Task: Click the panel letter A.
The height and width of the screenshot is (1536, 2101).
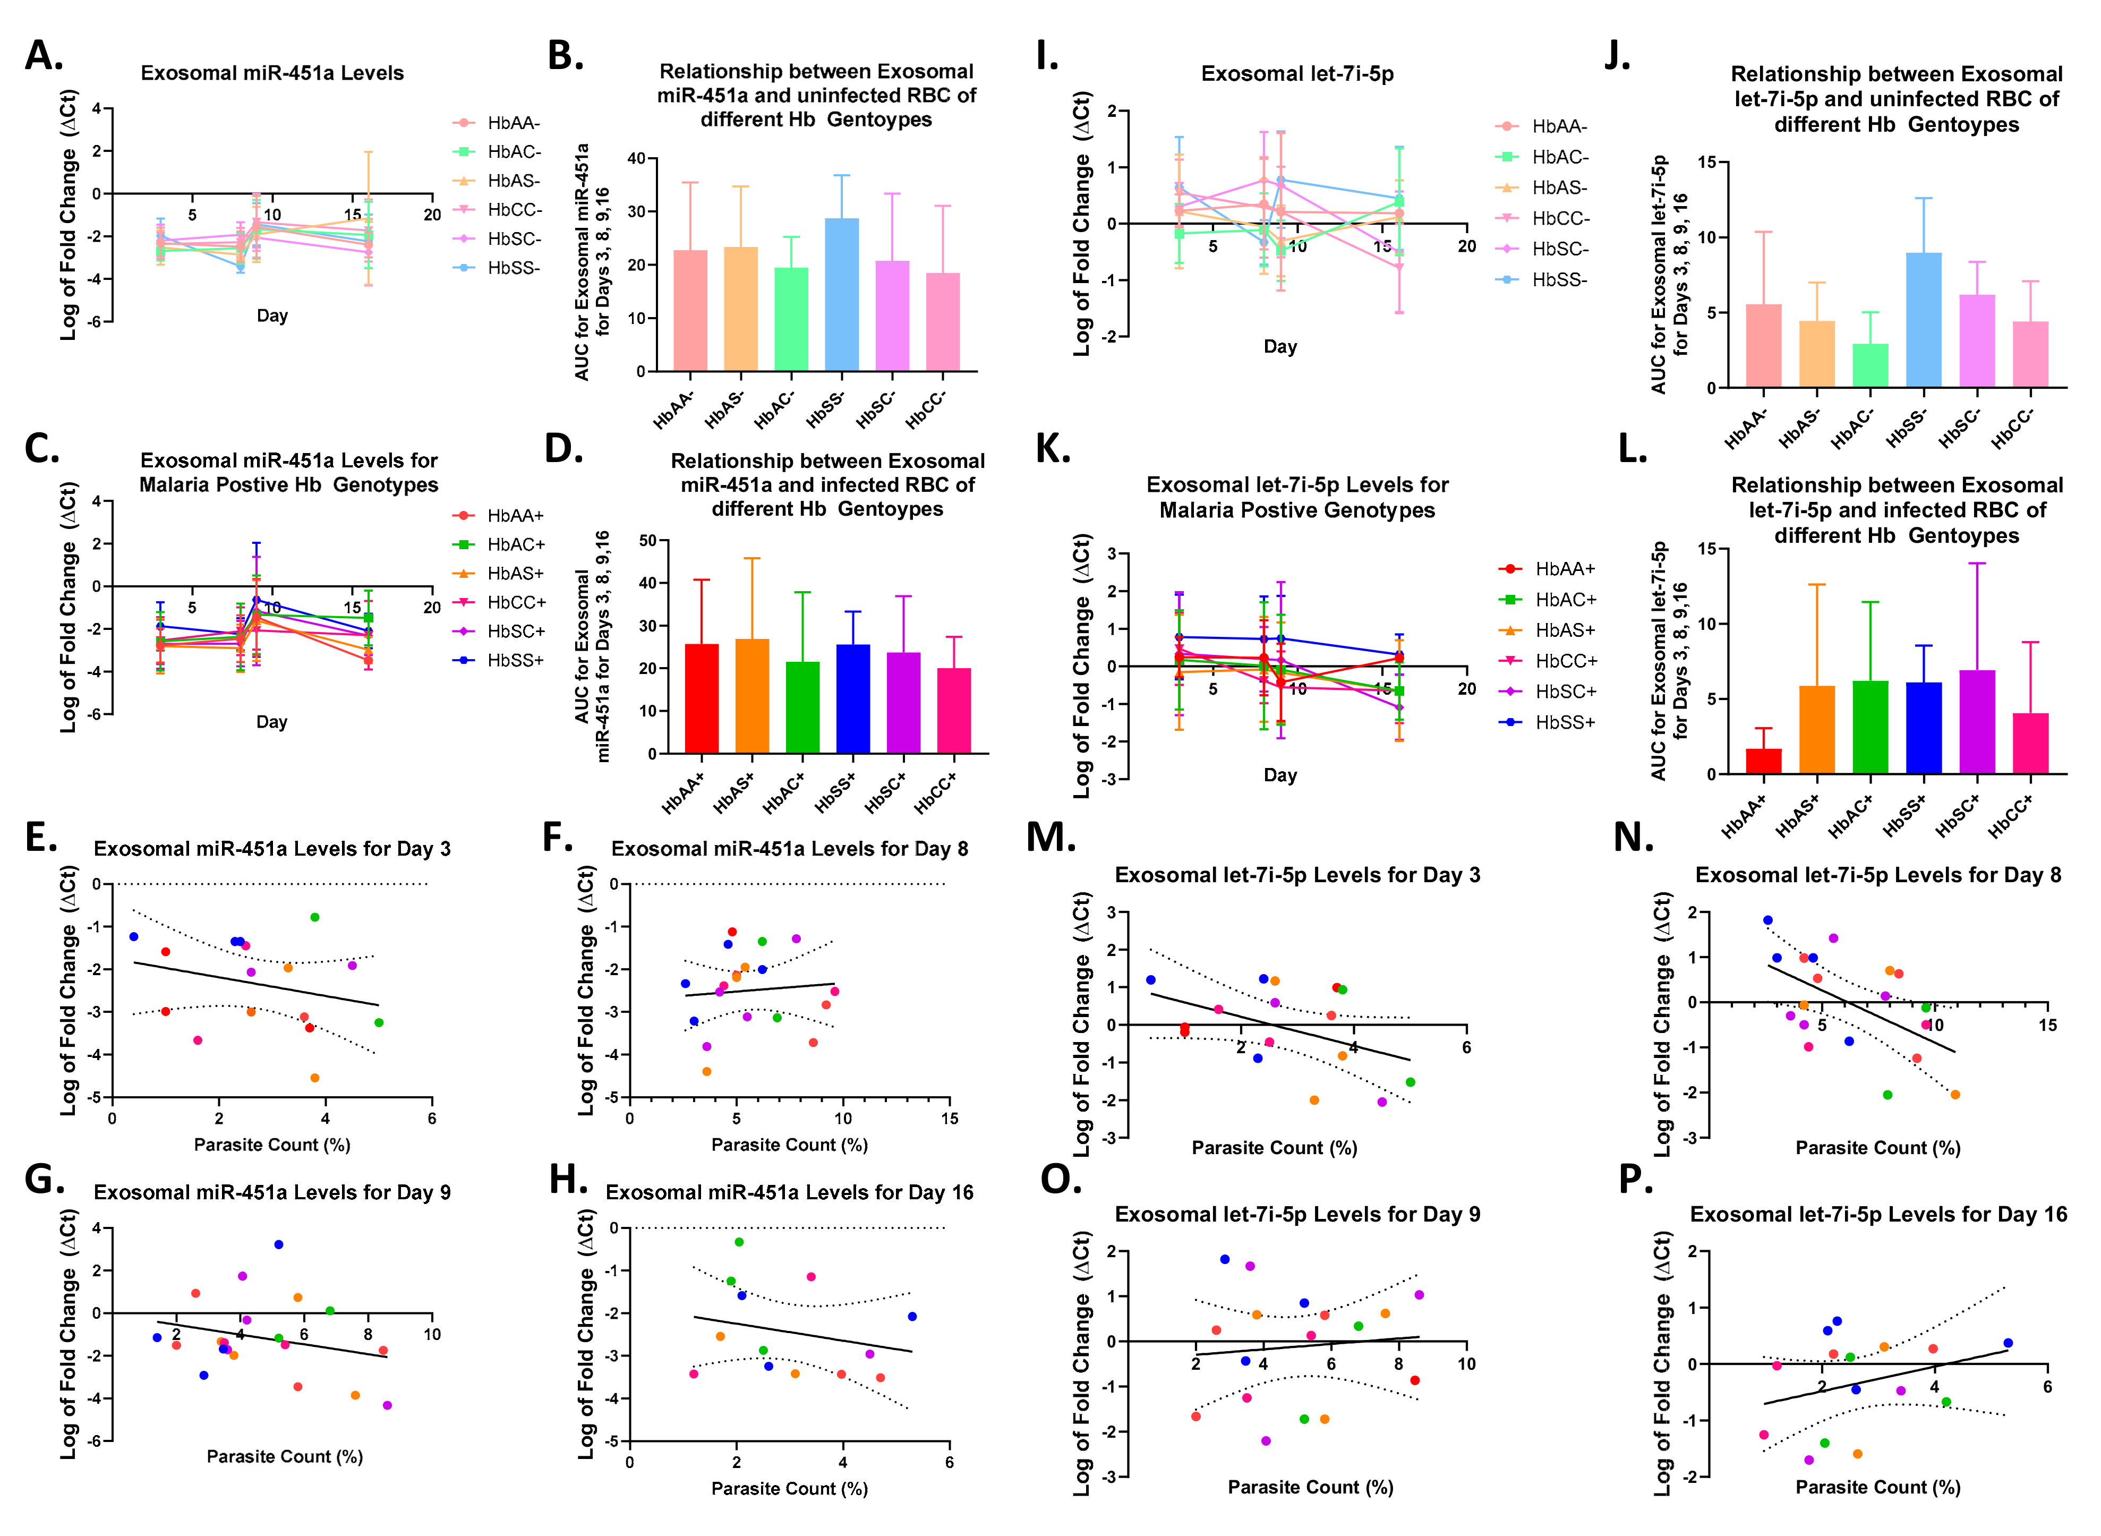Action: point(43,56)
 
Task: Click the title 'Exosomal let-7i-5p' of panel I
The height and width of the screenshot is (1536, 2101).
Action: point(1297,74)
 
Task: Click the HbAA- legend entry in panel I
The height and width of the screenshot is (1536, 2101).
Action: point(1559,126)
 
